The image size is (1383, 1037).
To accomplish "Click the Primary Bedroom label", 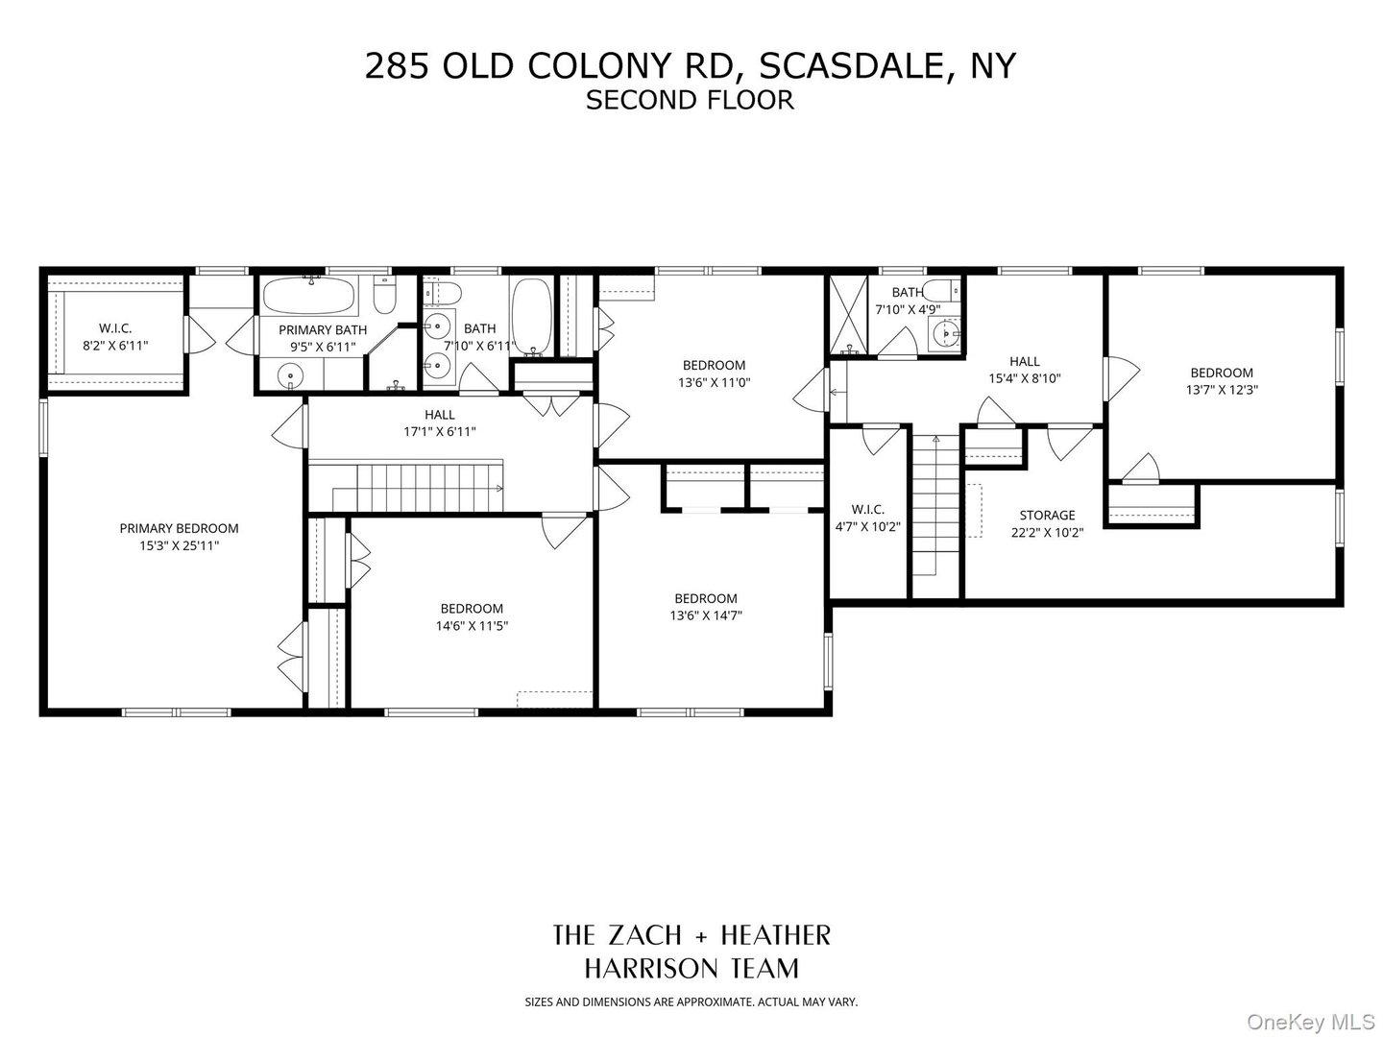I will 179,528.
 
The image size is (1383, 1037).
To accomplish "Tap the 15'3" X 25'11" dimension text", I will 179,545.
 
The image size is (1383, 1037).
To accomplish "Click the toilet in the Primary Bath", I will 383,297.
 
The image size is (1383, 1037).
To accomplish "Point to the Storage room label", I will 1047,516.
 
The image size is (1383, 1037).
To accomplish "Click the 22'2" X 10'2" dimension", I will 1047,533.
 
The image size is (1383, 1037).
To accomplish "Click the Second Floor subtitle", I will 690,100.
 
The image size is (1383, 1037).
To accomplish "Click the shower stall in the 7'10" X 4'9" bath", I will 848,312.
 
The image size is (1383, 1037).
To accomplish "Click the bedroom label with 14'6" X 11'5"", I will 472,609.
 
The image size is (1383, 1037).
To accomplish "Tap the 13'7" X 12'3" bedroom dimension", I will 1222,391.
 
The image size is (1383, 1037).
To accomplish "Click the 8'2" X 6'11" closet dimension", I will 114,346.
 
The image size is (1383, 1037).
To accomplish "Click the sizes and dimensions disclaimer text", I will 691,1002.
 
